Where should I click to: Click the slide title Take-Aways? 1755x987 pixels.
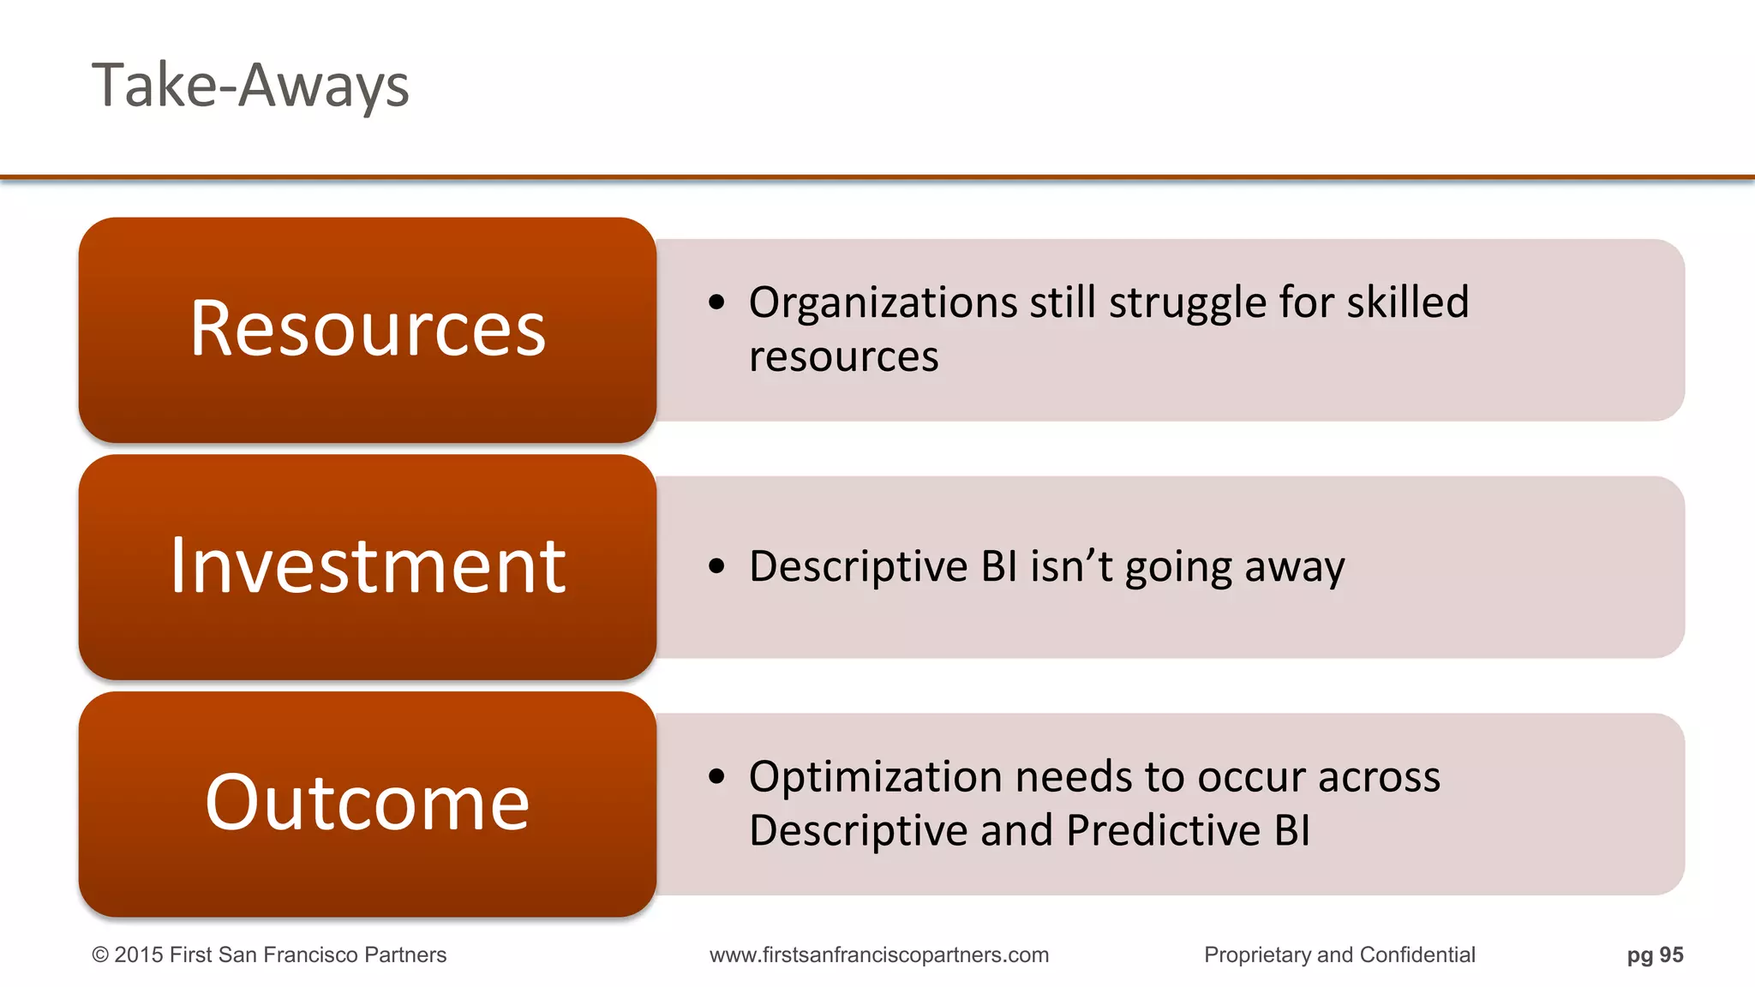coord(250,87)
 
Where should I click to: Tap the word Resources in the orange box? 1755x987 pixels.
coord(368,329)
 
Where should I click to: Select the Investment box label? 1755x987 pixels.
coord(368,566)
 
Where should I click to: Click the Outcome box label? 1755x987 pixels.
coord(368,803)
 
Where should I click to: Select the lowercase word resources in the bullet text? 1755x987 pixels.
coord(843,357)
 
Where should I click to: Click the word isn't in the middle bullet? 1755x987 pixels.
coord(1071,566)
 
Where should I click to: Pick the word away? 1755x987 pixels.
coord(1294,568)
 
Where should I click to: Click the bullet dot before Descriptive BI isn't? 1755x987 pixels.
coord(717,566)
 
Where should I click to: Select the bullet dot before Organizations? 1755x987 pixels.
coord(717,302)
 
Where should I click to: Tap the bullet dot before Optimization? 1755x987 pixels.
coord(717,777)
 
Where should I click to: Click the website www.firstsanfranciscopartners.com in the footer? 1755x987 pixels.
coord(878,955)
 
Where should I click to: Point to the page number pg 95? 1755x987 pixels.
coord(1655,955)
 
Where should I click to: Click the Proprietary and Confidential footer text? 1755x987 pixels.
coord(1339,955)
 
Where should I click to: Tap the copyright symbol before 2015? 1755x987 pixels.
coord(100,955)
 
